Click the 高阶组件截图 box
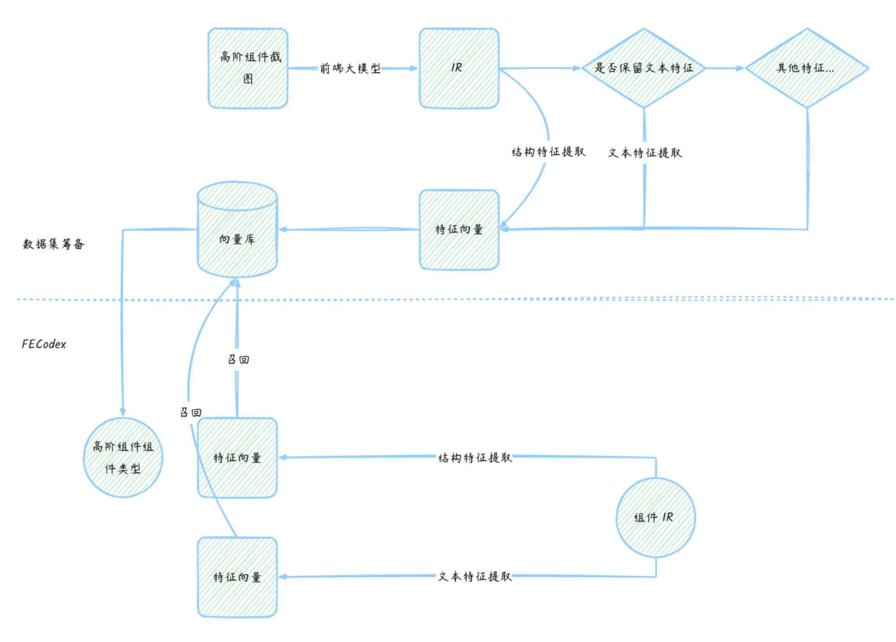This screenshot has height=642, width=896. pos(248,68)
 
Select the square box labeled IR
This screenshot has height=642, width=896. pos(459,68)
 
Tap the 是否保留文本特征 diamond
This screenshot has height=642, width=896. pos(643,68)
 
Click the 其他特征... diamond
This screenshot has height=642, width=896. pos(806,68)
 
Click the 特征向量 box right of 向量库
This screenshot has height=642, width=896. pos(459,230)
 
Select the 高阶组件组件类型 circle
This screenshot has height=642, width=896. pos(123,457)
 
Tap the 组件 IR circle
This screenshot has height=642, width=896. pos(655,517)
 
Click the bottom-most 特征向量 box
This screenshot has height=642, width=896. pos(237,577)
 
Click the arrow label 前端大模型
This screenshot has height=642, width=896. pos(350,68)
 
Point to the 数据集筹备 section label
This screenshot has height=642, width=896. pos(53,244)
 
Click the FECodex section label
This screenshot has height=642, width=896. pos(44,344)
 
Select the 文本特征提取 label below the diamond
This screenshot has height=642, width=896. pos(645,153)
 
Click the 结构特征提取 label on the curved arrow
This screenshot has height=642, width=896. pos(548,152)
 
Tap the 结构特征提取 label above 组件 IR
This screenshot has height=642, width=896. pos(475,457)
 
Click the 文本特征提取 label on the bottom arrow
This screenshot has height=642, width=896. pos(475,576)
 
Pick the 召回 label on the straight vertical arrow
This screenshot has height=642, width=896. pos(238,359)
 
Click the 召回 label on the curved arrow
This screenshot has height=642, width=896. pos(191,412)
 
